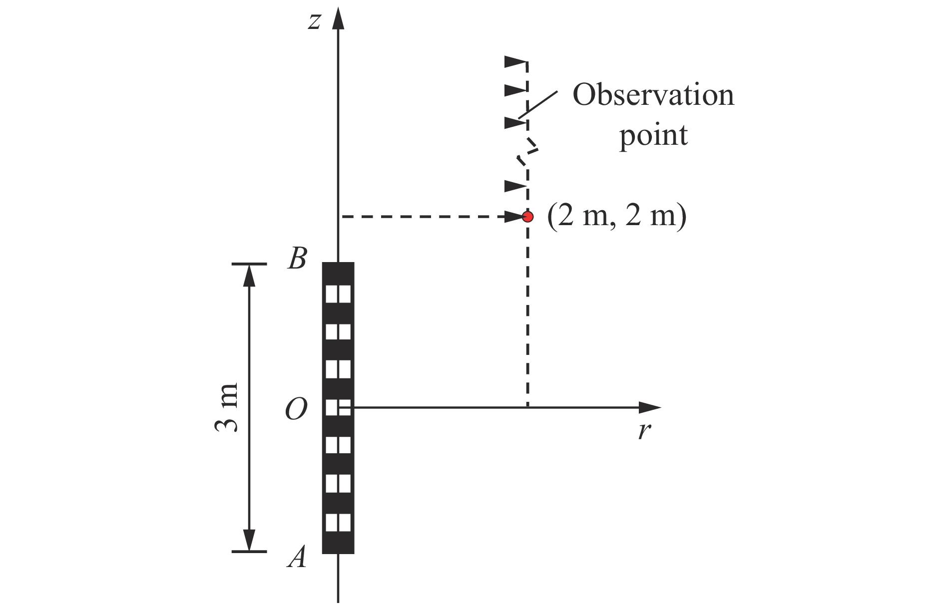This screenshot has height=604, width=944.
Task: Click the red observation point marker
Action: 527,217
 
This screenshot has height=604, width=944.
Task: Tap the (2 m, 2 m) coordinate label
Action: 617,217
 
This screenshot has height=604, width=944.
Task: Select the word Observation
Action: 653,95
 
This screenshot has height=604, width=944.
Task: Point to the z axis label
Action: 314,21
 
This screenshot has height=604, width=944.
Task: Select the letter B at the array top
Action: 297,259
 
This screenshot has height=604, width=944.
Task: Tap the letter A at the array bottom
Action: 297,557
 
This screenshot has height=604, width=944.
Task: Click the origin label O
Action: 296,411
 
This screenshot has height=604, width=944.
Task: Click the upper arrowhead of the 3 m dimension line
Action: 249,275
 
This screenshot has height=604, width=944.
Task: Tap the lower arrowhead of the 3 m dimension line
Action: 249,540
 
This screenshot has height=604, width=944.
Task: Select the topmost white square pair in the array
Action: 338,294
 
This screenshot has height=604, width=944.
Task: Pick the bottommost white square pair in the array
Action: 338,522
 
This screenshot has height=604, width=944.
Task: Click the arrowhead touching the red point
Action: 514,217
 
